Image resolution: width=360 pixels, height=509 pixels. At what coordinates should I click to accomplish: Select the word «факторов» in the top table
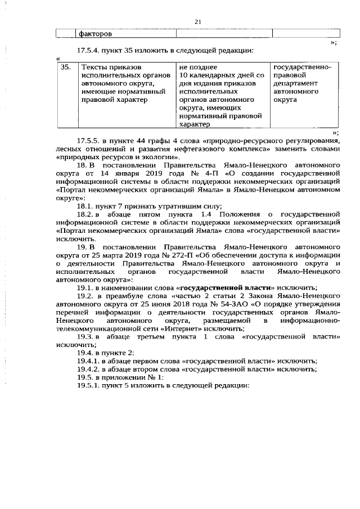[x=96, y=33]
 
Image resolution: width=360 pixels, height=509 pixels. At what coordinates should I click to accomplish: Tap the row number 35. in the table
[x=66, y=67]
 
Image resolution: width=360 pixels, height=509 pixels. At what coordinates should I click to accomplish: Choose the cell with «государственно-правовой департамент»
[x=302, y=83]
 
